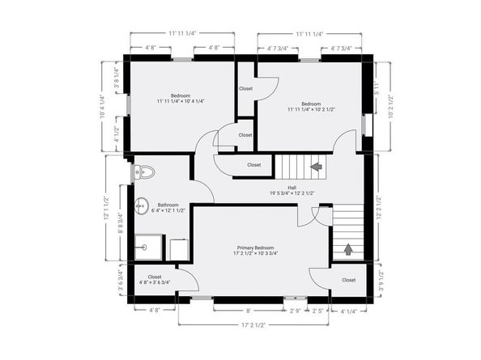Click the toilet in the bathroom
pos(143,172)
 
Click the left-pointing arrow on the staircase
pos(316,167)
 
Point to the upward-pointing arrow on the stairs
pos(348,249)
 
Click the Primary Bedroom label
pos(255,248)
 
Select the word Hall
pos(280,187)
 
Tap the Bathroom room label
pos(168,205)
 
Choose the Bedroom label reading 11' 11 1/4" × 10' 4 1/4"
pos(181,96)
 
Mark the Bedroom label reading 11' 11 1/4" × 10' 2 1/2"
pos(311,104)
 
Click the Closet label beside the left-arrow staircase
pos(253,164)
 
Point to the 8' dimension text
pos(249,311)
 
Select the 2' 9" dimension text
pos(296,311)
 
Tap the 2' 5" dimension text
pos(318,311)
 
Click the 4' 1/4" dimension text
pos(348,311)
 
